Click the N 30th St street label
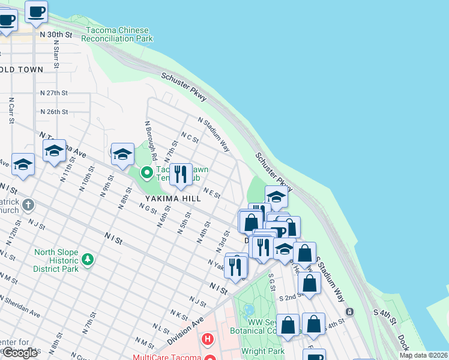click(x=56, y=35)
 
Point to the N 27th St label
click(x=54, y=93)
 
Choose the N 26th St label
click(x=54, y=112)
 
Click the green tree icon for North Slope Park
click(x=88, y=259)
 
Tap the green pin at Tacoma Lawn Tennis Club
click(x=146, y=173)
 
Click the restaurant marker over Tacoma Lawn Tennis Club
click(x=181, y=174)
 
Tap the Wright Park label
click(x=262, y=351)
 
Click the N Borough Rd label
click(x=151, y=140)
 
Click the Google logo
click(x=20, y=353)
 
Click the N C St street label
click(x=190, y=139)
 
